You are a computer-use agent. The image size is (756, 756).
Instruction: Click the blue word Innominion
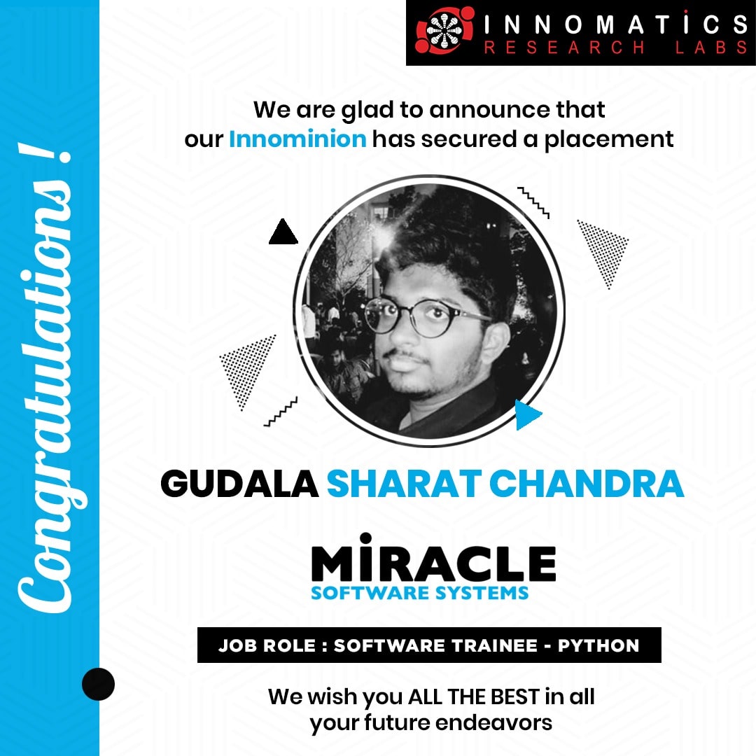click(x=297, y=139)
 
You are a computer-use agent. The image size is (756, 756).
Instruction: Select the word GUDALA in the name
click(x=239, y=484)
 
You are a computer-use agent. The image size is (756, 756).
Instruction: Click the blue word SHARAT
click(x=404, y=484)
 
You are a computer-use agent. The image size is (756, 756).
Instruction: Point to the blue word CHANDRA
click(x=587, y=484)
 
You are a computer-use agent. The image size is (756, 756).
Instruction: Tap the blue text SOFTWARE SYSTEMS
click(x=419, y=593)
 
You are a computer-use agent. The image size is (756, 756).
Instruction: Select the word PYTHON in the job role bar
click(x=598, y=645)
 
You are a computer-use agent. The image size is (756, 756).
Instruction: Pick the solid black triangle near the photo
click(x=283, y=233)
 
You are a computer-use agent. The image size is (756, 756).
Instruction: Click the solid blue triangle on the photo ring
click(x=527, y=414)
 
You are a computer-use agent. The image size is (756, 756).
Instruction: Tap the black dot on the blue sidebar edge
click(x=99, y=684)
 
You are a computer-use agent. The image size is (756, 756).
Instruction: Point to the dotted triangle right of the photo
click(x=604, y=250)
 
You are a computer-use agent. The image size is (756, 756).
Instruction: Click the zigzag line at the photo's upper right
click(x=533, y=202)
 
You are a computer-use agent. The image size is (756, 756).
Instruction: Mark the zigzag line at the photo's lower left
click(x=280, y=412)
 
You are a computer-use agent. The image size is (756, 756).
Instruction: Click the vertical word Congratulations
click(x=45, y=377)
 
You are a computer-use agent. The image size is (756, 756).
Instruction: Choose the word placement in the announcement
click(x=608, y=140)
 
